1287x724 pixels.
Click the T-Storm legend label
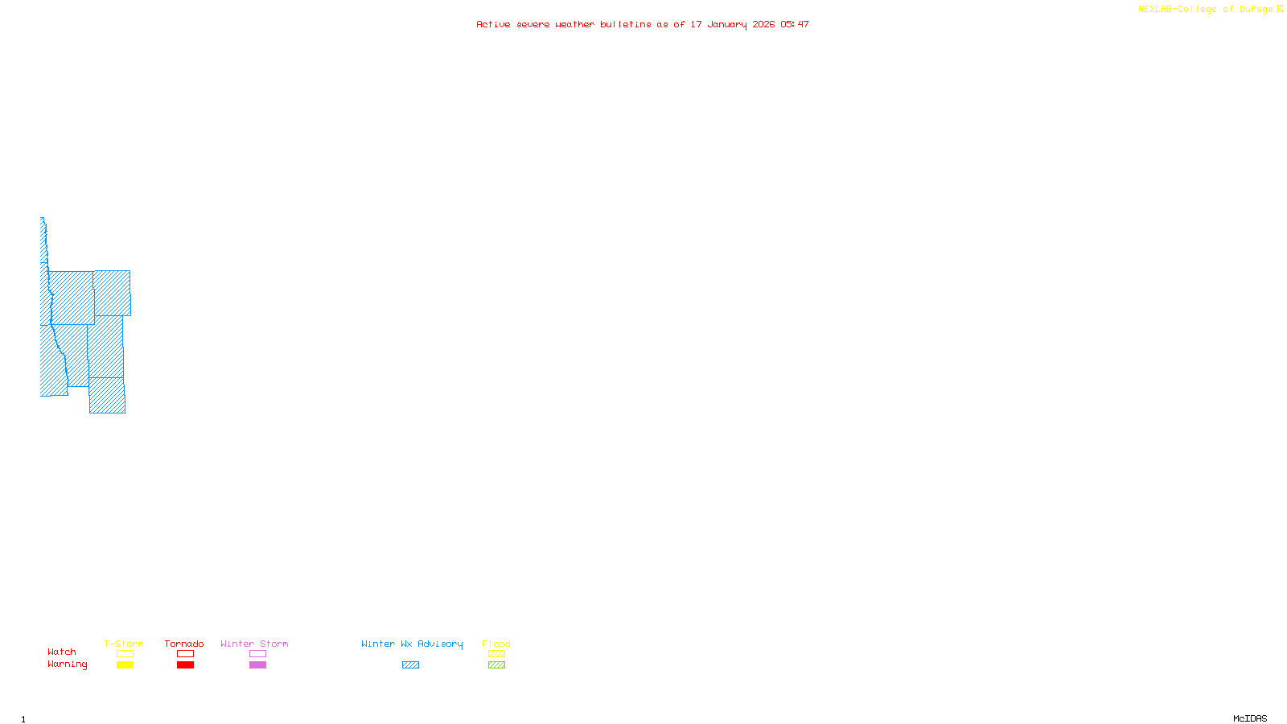click(x=124, y=644)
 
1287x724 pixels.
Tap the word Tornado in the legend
click(x=184, y=644)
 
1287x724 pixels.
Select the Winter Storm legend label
click(x=254, y=644)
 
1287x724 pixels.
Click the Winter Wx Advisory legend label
click(x=412, y=644)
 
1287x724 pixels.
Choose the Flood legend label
click(x=496, y=644)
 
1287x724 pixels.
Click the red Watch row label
click(x=62, y=652)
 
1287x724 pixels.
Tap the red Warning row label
click(x=67, y=664)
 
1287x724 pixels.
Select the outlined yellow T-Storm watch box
click(x=125, y=654)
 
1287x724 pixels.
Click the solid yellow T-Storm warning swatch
click(x=125, y=665)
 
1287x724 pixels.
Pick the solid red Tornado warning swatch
click(x=185, y=665)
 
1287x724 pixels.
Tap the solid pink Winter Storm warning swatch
click(x=257, y=665)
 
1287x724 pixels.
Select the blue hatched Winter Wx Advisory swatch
click(x=410, y=665)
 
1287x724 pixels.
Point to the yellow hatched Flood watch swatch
click(x=496, y=654)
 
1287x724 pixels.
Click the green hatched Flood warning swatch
click(x=496, y=665)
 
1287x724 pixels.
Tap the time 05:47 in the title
click(x=795, y=24)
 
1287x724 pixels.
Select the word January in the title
click(x=727, y=24)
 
